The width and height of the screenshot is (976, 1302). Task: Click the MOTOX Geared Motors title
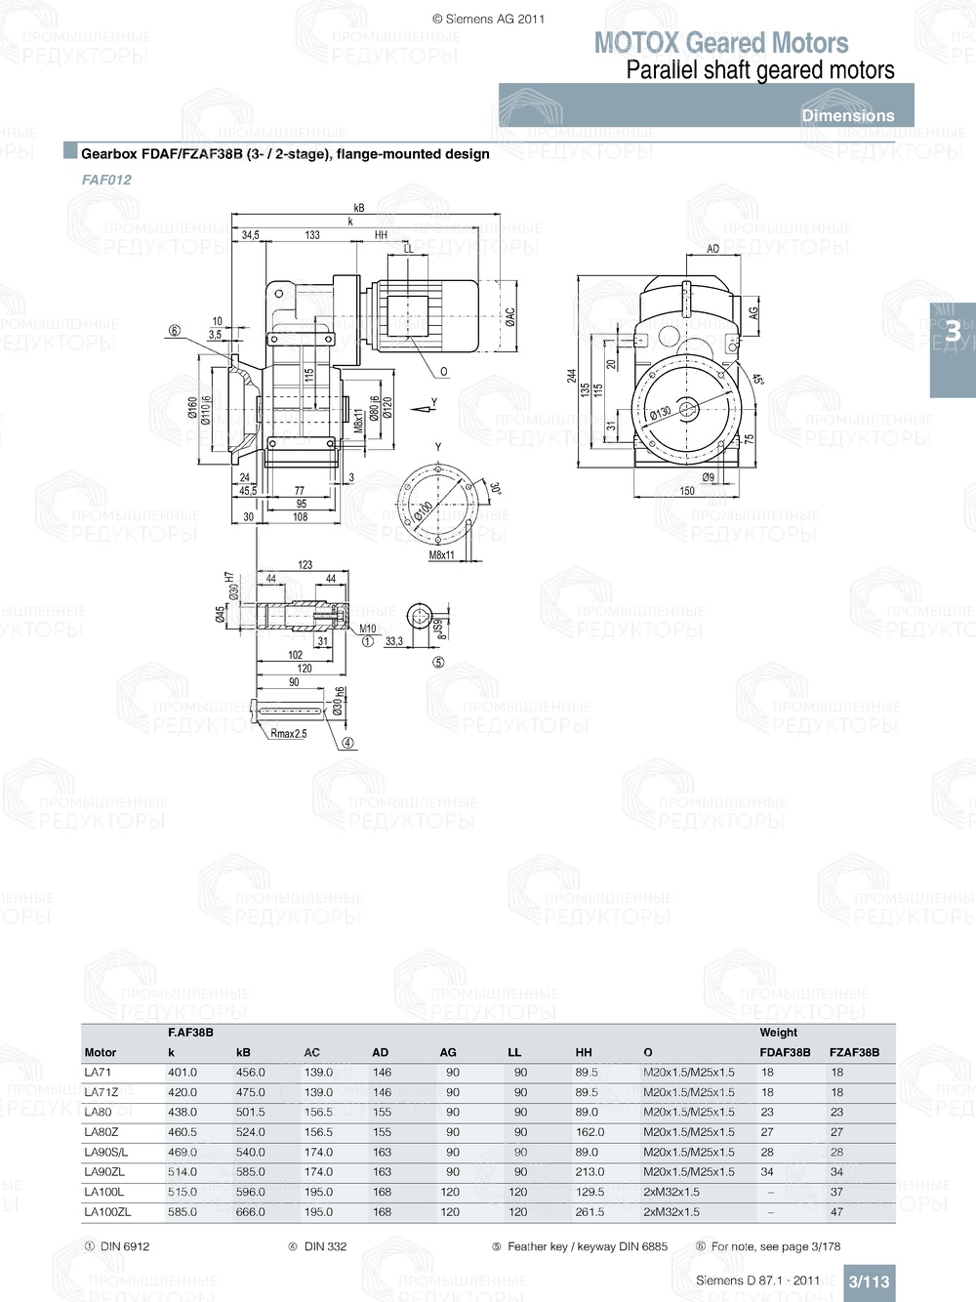[721, 43]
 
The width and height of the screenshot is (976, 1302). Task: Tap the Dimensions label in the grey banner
[847, 115]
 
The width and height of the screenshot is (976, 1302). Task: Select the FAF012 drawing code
[106, 180]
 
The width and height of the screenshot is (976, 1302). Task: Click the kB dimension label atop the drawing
[359, 208]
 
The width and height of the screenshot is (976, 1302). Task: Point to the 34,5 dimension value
[251, 235]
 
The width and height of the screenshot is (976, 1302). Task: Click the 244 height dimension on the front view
[572, 375]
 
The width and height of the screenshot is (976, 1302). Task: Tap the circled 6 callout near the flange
[175, 331]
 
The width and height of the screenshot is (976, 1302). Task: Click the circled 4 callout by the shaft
[347, 743]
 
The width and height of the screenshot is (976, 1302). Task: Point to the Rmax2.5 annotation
[289, 734]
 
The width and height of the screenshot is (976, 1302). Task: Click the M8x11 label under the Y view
[442, 555]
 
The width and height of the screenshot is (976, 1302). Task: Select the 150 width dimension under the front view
[687, 491]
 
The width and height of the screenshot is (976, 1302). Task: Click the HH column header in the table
[584, 1052]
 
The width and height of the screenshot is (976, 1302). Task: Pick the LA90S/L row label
[106, 1152]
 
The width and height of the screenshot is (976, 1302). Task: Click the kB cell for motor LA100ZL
[250, 1212]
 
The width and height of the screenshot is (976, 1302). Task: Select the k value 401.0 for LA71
[183, 1072]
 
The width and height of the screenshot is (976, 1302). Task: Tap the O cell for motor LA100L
[671, 1192]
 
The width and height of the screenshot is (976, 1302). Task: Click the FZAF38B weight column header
[854, 1052]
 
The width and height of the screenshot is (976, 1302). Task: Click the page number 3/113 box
[869, 1282]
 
